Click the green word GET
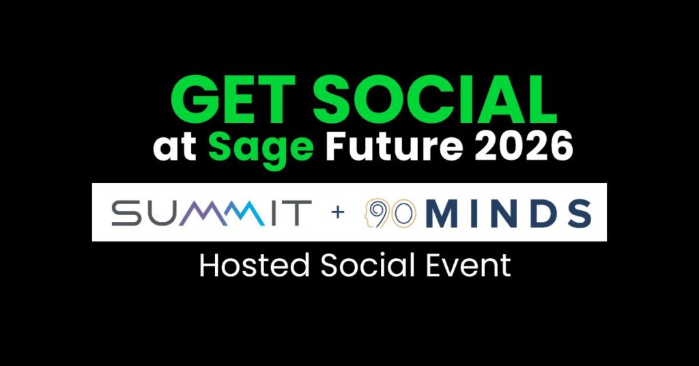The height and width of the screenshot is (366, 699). coord(232,100)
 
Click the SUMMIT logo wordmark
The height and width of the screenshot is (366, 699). coord(212,212)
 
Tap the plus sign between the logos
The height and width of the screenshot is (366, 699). coord(338,212)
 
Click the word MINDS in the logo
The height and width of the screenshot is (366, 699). coord(509,213)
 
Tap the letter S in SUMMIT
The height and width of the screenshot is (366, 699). coord(126,212)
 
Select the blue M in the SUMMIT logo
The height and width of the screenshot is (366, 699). coord(244,212)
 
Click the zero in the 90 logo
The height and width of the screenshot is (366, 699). coord(403,214)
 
